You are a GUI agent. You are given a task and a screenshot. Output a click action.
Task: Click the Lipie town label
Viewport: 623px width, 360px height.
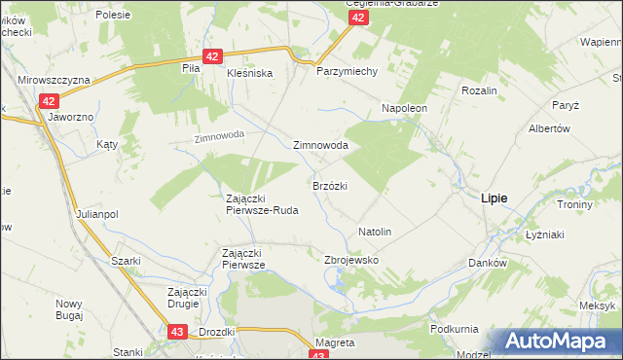(494, 198)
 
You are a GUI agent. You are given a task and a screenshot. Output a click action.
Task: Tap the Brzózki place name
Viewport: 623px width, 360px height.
(330, 184)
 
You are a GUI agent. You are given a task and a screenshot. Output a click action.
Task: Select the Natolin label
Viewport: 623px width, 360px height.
(375, 233)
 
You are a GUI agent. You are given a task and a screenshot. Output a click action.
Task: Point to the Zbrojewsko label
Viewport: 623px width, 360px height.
(350, 261)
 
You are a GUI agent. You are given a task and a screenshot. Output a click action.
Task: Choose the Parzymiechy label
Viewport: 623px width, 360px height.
(339, 72)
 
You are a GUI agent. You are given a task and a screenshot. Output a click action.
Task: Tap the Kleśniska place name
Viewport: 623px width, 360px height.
(250, 73)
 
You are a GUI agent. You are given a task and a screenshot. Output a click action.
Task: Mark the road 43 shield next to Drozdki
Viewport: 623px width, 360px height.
(177, 332)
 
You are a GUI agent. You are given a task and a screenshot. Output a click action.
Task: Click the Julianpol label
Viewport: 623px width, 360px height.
(96, 214)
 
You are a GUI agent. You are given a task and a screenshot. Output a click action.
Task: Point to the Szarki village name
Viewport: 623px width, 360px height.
(126, 261)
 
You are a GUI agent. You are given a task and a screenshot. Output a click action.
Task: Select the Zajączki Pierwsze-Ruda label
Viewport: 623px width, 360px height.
(261, 203)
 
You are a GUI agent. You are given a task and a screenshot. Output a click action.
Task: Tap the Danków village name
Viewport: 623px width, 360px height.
(488, 263)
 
